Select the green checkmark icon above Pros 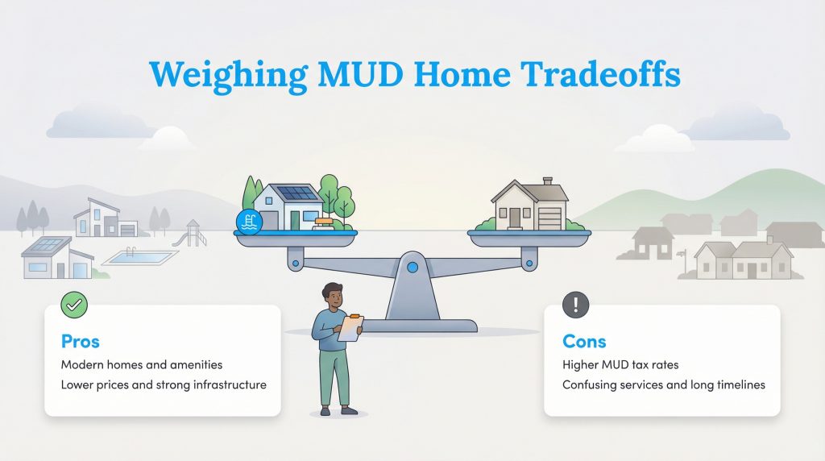click(74, 305)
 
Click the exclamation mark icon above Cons click(575, 305)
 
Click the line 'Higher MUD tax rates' click(620, 365)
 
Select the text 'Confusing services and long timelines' click(663, 384)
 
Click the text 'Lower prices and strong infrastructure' click(164, 384)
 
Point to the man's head click(332, 293)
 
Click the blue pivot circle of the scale click(413, 266)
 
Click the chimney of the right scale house click(547, 182)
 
